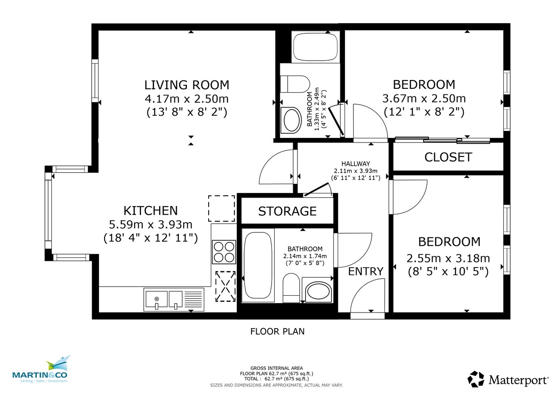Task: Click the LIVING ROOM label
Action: pos(186,85)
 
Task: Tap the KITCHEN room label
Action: pos(150,211)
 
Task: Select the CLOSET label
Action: pos(448,157)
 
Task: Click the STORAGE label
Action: pos(287,212)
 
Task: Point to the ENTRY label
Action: pos(366,271)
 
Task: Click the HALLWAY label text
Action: pos(356,163)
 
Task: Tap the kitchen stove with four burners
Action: pos(223,252)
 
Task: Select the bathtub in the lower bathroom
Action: pos(259,265)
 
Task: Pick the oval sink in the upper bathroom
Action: pos(291,120)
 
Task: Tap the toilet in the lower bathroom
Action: pos(291,287)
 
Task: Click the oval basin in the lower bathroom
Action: pos(317,292)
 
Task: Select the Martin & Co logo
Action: pos(40,370)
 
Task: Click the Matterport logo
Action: pos(508,380)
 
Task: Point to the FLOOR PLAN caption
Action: pos(277,331)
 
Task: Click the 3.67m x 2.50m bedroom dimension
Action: pos(424,99)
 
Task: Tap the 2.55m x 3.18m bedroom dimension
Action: pos(449,258)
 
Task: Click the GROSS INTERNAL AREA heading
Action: pos(277,368)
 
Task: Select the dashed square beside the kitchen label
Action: pos(222,208)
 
